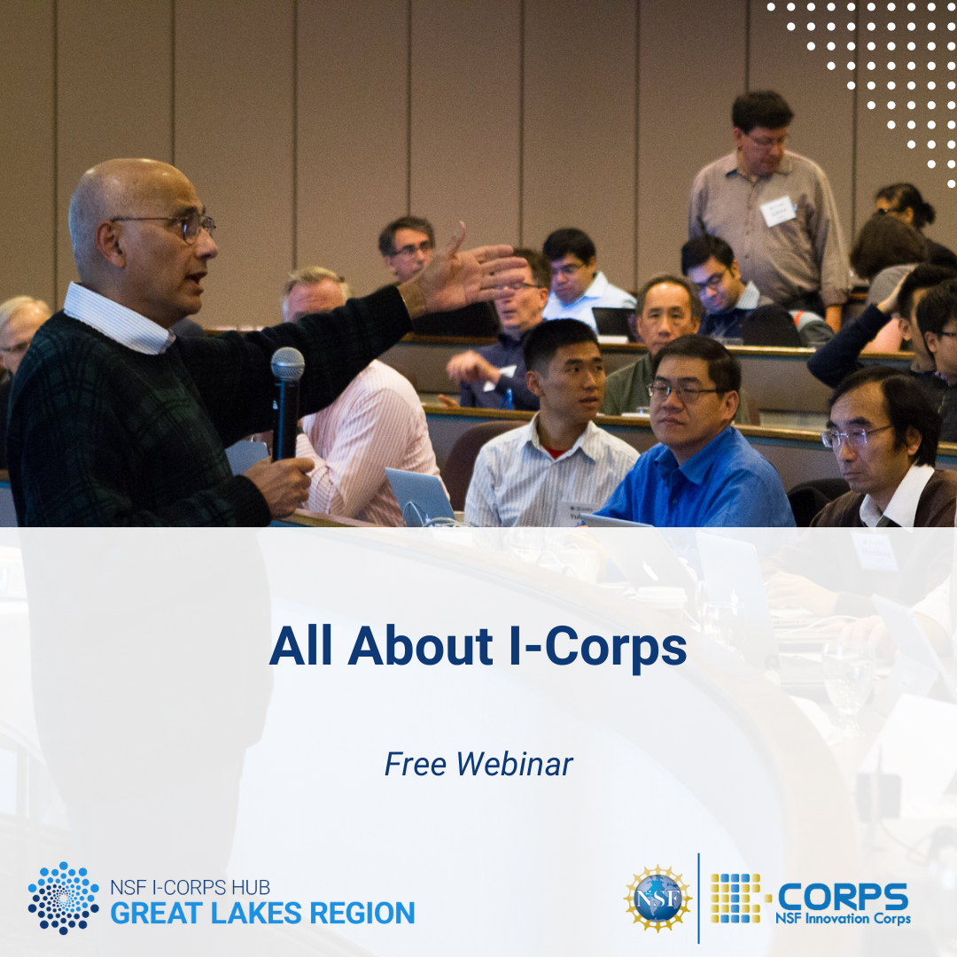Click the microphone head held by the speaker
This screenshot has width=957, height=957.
287,364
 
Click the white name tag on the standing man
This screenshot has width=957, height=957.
778,211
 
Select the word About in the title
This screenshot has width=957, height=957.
421,646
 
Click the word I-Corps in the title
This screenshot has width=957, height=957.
598,648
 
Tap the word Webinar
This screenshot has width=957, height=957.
515,764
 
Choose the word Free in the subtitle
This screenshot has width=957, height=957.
416,764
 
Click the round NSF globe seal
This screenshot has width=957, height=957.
657,899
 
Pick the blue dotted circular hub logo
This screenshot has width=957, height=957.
64,898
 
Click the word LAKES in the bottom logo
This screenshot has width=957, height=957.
256,914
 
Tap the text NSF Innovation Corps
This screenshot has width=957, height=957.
843,919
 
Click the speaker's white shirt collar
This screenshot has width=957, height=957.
119,320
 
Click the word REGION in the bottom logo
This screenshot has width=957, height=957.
362,914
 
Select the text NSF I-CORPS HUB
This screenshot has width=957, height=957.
190,887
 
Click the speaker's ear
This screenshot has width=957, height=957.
109,245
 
